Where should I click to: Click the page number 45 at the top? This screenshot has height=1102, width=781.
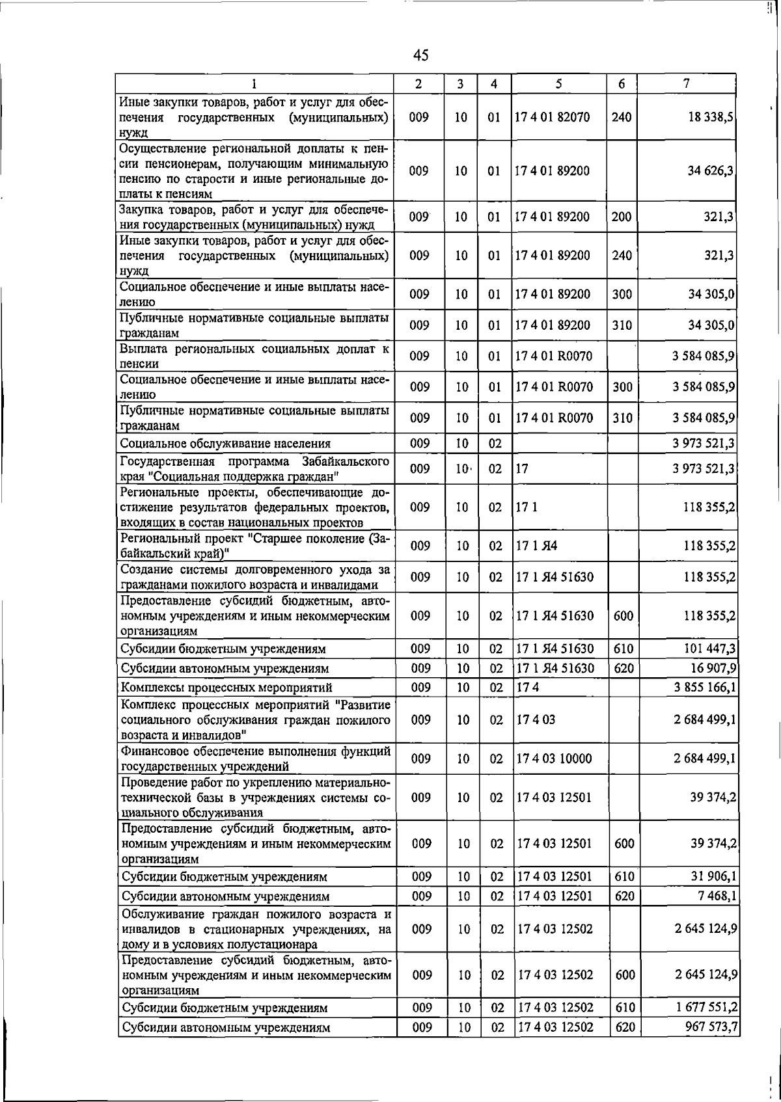click(420, 56)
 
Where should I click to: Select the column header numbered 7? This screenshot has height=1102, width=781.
click(687, 83)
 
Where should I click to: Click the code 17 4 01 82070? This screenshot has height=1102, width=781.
click(553, 117)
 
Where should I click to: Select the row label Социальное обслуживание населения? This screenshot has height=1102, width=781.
click(225, 444)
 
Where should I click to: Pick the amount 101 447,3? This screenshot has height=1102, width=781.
click(711, 649)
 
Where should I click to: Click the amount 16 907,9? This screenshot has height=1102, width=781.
click(713, 668)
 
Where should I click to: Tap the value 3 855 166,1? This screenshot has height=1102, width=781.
click(706, 687)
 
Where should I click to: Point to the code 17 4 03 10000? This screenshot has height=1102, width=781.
click(555, 759)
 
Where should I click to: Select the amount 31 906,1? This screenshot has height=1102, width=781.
click(713, 877)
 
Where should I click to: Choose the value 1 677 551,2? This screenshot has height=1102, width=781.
click(707, 1008)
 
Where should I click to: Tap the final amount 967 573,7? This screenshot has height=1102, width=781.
click(711, 1027)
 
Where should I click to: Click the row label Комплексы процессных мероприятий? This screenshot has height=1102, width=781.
click(226, 688)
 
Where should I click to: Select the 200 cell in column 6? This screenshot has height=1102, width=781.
click(622, 217)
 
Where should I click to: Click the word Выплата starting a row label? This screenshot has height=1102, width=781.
click(142, 349)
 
